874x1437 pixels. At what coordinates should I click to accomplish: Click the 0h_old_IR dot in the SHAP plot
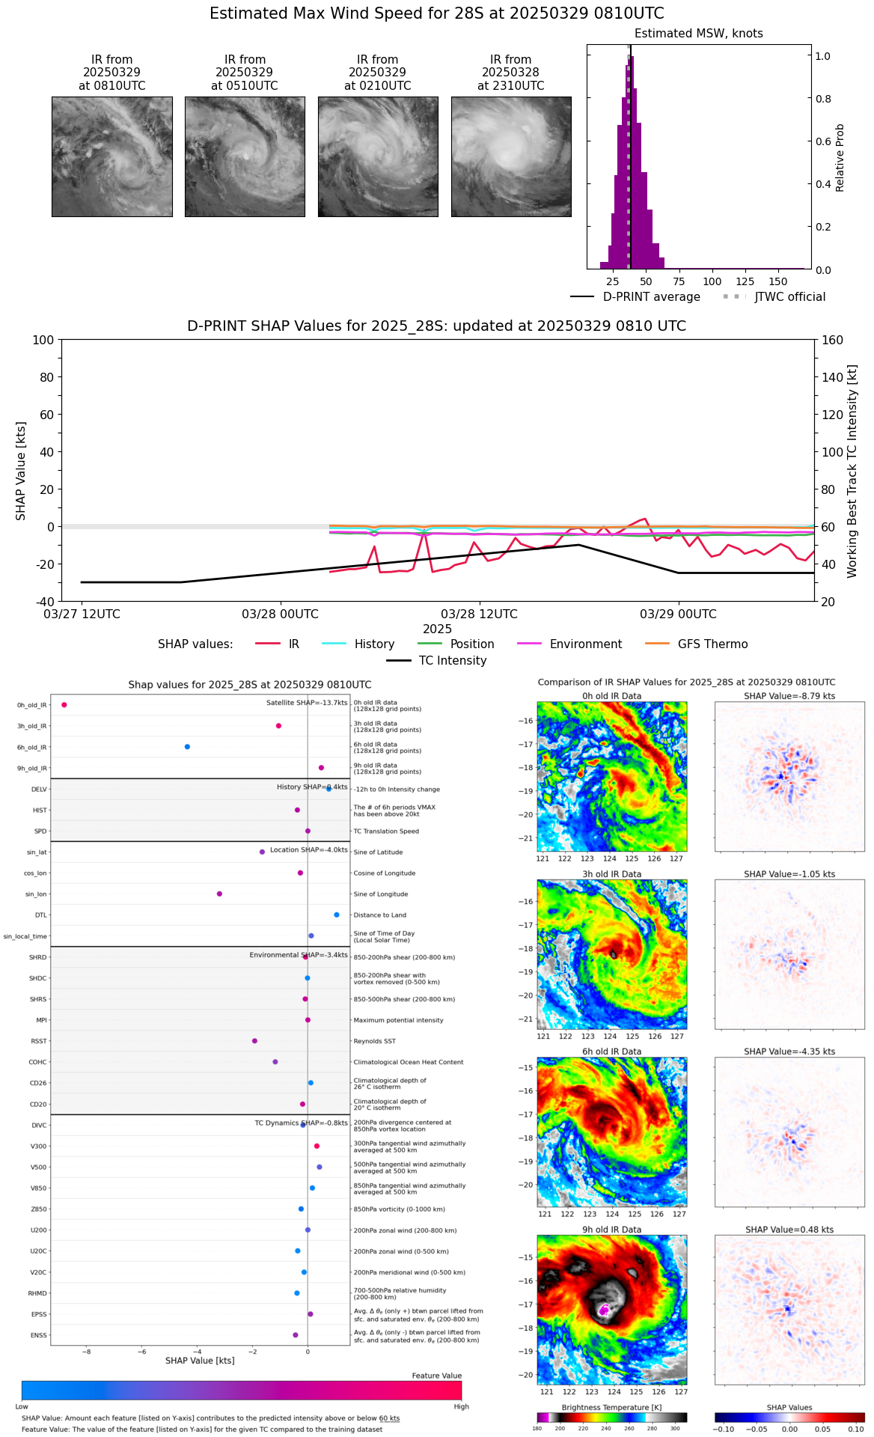click(x=64, y=705)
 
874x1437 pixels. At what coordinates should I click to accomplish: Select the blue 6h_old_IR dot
click(x=187, y=747)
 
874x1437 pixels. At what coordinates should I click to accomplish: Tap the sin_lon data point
click(x=219, y=894)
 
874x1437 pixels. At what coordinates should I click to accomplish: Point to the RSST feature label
click(x=39, y=1041)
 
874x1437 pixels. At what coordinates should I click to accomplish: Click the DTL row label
click(x=41, y=915)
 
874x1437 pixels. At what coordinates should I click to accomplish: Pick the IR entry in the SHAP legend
click(x=293, y=644)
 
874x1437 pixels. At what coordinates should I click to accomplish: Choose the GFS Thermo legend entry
click(x=712, y=644)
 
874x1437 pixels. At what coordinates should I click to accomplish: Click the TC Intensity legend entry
click(x=452, y=661)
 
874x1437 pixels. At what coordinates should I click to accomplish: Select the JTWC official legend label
click(x=789, y=297)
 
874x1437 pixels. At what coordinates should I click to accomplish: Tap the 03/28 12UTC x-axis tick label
click(x=479, y=614)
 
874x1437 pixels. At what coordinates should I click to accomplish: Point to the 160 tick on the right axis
click(x=832, y=340)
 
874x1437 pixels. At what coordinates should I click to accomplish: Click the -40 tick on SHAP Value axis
click(x=44, y=602)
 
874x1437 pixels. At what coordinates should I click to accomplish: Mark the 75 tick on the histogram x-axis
click(x=679, y=282)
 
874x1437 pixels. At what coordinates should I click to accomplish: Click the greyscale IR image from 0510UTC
click(x=245, y=157)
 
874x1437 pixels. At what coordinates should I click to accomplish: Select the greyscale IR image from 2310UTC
click(x=511, y=157)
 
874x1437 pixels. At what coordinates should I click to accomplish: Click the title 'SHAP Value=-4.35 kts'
click(x=789, y=1052)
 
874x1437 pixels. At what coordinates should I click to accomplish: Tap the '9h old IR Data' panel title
click(x=611, y=1230)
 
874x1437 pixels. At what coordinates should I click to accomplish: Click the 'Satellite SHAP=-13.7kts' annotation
click(x=307, y=703)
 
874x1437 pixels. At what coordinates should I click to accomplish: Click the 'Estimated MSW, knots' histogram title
click(x=698, y=34)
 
